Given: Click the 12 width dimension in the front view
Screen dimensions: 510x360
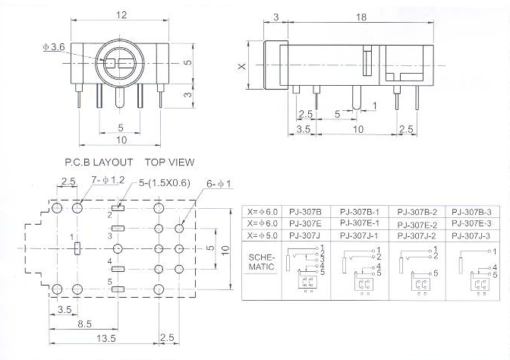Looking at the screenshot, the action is (x=121, y=15).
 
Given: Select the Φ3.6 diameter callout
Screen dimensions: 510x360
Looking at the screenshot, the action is (x=54, y=47).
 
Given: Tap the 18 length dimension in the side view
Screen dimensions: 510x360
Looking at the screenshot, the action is (x=361, y=17).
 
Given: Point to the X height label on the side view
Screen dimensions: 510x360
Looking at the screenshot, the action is (x=242, y=66).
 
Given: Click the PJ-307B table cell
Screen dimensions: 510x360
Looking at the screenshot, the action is (x=305, y=212).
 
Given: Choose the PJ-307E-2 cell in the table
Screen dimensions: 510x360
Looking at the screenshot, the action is (x=417, y=225).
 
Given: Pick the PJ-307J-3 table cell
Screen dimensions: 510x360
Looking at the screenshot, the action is (x=471, y=235).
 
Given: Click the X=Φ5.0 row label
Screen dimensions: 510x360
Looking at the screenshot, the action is (x=262, y=235).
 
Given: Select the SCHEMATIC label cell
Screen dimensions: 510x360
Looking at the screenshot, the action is (x=262, y=262).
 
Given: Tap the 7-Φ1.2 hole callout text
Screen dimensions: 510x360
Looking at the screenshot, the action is (x=108, y=180).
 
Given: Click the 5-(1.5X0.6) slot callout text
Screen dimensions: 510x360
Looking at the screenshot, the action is (x=164, y=182).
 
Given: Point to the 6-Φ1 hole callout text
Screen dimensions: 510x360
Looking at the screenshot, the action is (x=219, y=184).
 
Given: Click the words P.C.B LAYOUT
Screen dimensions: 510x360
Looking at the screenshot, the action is (x=99, y=162).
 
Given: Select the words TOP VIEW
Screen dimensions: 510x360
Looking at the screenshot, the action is (x=169, y=162).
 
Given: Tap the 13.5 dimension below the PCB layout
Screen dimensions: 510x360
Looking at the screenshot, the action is (x=106, y=338).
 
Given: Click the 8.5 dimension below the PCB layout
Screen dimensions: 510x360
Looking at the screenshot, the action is (x=84, y=324).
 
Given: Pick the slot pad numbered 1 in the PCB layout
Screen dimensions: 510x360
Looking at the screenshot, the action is (x=77, y=248).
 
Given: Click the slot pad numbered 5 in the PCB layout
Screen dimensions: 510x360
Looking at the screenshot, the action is (x=118, y=289).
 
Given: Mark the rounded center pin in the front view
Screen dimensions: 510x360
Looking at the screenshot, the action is (x=120, y=97).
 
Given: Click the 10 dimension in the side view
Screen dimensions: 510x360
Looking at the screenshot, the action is (x=358, y=129).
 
